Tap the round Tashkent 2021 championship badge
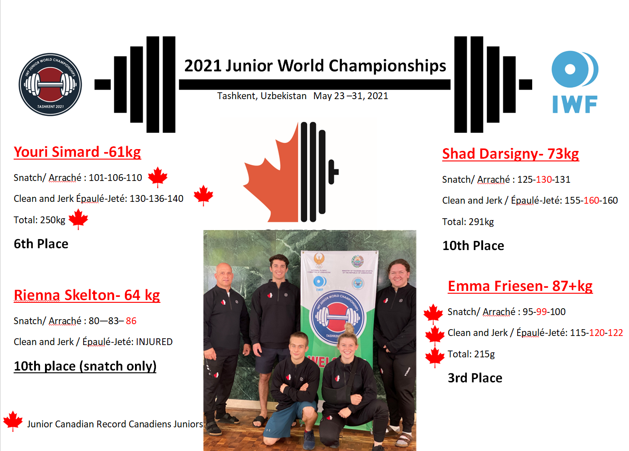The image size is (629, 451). click(x=50, y=85)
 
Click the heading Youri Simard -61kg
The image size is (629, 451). click(x=77, y=152)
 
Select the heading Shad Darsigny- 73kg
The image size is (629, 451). click(x=510, y=154)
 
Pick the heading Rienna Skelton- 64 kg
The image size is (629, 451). click(x=87, y=295)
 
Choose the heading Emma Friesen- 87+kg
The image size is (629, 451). click(x=520, y=286)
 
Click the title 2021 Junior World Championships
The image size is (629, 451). click(x=315, y=66)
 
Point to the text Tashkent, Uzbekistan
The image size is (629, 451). click(x=262, y=96)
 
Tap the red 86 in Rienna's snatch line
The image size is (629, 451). click(x=131, y=321)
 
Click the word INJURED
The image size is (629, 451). click(x=154, y=342)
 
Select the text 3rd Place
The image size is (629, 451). click(x=474, y=378)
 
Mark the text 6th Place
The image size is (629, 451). click(x=41, y=244)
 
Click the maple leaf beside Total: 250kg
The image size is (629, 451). click(x=78, y=219)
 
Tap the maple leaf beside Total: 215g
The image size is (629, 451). click(x=434, y=357)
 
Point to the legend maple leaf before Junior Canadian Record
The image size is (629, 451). click(x=13, y=421)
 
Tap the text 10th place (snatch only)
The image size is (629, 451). click(x=85, y=366)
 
